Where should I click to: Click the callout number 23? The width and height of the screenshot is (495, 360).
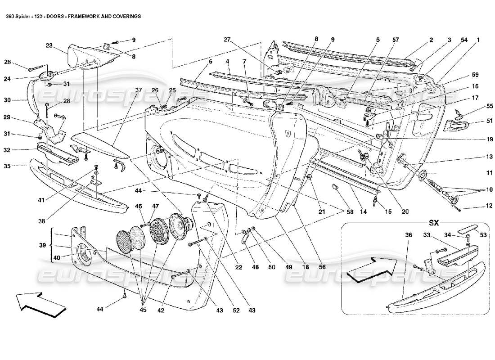pyautogui.click(x=49, y=45)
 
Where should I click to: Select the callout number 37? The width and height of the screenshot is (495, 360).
pyautogui.click(x=139, y=90)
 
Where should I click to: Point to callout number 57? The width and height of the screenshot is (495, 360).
pyautogui.click(x=395, y=40)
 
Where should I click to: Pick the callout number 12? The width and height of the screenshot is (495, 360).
pyautogui.click(x=476, y=207)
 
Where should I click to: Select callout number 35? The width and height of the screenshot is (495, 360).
pyautogui.click(x=19, y=166)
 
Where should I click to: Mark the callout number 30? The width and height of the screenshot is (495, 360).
pyautogui.click(x=19, y=100)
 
